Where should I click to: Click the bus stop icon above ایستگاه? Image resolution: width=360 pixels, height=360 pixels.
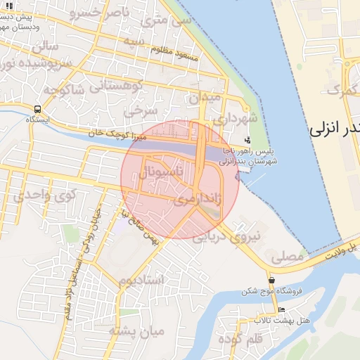[37, 109]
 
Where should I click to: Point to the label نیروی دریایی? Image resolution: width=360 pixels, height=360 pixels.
[237, 237]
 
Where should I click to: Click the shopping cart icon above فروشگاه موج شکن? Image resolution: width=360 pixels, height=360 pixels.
[271, 280]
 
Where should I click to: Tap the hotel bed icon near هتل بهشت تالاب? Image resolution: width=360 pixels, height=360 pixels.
[282, 310]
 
